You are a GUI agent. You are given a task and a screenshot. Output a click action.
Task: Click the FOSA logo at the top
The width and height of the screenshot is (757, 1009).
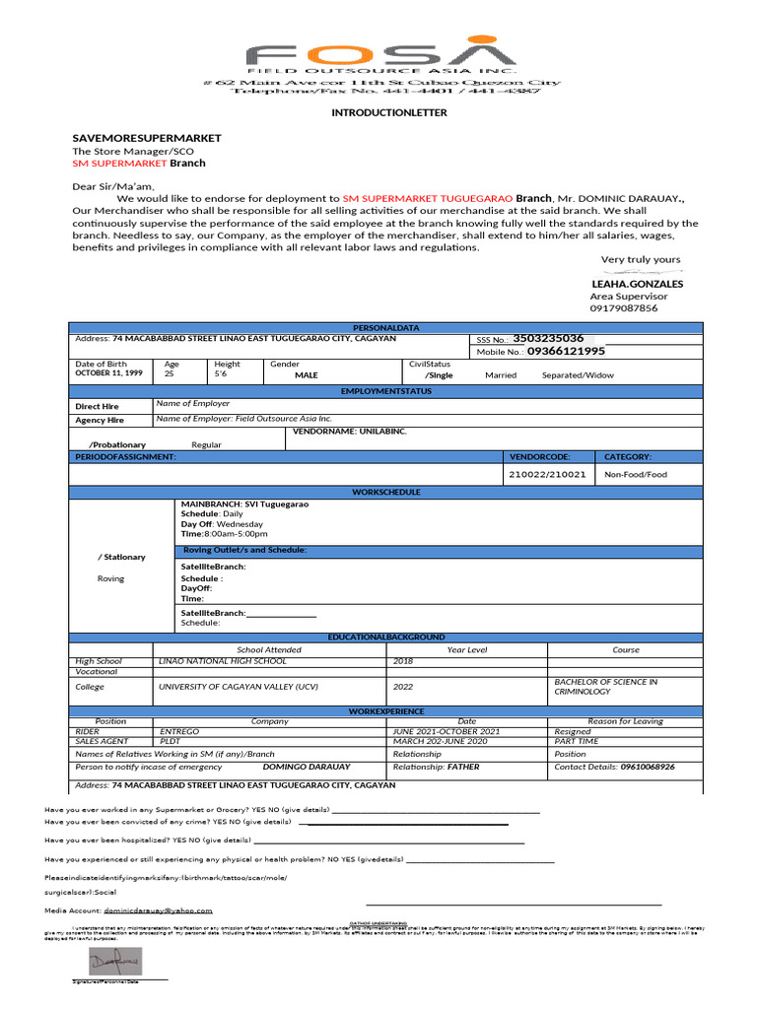[x=380, y=54]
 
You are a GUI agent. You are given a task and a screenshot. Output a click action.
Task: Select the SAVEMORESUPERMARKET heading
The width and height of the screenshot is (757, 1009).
[x=147, y=138]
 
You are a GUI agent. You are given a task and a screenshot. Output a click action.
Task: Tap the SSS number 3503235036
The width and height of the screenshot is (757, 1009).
[x=548, y=338]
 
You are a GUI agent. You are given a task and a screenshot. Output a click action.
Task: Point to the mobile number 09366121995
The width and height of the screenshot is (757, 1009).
[x=566, y=351]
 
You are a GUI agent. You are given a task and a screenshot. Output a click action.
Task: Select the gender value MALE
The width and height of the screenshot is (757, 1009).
[x=307, y=375]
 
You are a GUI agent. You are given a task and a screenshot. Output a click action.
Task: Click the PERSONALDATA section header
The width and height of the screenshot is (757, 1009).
[x=385, y=327]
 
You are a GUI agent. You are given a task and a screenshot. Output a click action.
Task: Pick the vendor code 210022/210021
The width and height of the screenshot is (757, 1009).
[x=547, y=474]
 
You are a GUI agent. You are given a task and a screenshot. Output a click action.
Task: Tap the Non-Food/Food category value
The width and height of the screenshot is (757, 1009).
[x=636, y=474]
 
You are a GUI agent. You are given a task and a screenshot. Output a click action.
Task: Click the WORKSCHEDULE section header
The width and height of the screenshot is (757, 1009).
[x=385, y=492]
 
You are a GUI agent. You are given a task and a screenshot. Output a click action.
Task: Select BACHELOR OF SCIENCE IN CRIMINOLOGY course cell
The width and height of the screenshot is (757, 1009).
[x=605, y=686]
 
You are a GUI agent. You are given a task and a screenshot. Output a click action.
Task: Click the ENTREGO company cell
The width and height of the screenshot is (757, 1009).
[x=179, y=732]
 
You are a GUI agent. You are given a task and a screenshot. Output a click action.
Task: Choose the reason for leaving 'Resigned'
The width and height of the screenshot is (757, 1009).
[x=573, y=732]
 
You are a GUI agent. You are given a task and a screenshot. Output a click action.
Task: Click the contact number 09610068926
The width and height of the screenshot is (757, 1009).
[x=648, y=766]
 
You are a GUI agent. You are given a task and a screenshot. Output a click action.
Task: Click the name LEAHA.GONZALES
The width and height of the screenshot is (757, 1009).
[x=636, y=284]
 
